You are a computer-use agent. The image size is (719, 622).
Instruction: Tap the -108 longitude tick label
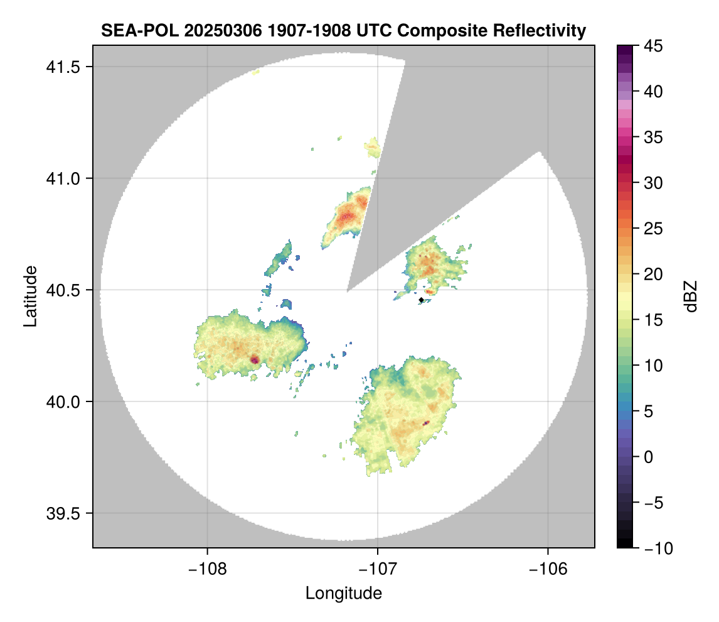(207, 570)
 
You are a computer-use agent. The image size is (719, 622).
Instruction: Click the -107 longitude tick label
(378, 570)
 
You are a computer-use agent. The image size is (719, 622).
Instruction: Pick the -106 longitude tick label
(548, 570)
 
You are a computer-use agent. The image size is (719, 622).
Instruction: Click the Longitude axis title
(343, 593)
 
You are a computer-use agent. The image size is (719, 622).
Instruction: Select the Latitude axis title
(30, 296)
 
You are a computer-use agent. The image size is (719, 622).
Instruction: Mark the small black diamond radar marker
(422, 300)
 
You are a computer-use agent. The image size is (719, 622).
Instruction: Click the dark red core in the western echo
(255, 360)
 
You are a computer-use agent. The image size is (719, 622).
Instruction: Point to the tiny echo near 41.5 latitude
(255, 73)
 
